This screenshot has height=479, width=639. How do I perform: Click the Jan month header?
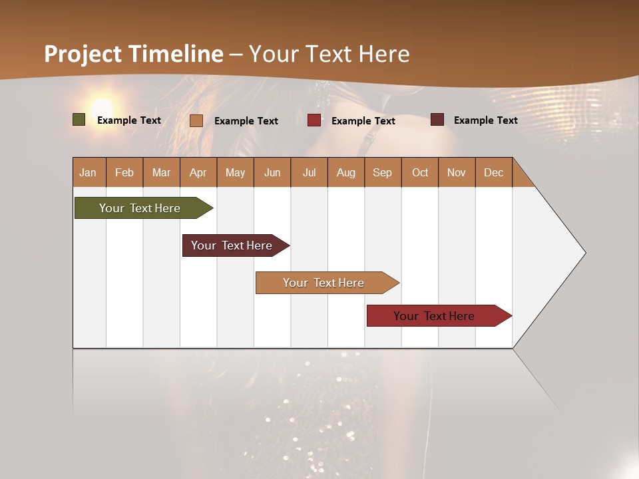89,172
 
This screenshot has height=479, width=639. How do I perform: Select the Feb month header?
124,172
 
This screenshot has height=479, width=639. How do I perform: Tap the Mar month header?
161,172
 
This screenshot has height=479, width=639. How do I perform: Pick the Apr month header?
198,172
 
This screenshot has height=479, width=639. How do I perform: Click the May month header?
235,172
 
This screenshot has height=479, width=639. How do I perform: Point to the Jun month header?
272,172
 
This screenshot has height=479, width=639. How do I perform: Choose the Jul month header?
309,172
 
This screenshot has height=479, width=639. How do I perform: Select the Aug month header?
346,172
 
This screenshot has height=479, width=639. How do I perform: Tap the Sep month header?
383,172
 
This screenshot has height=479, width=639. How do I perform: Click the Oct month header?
420,172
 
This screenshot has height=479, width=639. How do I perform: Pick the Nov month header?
457,172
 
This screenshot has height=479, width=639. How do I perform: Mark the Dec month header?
494,172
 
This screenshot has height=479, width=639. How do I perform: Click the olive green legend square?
79,120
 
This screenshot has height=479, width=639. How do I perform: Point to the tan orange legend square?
196,120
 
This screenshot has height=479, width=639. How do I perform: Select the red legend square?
314,120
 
